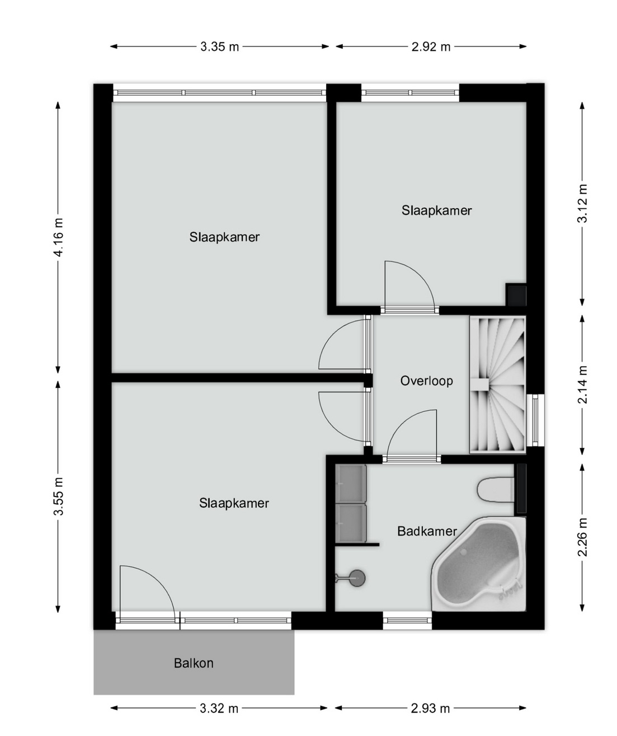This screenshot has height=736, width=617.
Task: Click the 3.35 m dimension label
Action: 219,46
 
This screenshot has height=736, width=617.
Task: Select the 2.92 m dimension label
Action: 431,46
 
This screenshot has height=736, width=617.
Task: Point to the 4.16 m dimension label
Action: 59,237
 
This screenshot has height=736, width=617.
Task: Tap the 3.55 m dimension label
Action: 59,496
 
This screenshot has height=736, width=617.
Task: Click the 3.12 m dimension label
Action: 582,203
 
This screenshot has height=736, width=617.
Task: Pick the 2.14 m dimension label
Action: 582,385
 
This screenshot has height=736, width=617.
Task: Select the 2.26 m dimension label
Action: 582,537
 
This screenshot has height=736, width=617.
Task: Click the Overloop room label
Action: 426,381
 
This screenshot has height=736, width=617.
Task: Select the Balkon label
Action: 194,663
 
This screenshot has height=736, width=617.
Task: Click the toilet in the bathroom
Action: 496,489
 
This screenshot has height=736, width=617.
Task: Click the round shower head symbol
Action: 357,578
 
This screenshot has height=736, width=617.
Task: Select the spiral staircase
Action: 497,385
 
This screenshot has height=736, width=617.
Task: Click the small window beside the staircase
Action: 535,420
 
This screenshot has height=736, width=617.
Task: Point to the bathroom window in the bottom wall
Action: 407,621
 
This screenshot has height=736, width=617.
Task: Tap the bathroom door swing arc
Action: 402,419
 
